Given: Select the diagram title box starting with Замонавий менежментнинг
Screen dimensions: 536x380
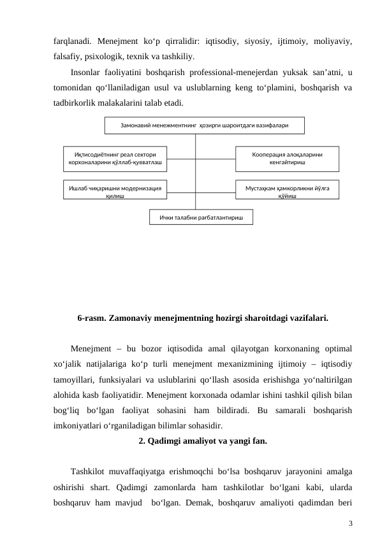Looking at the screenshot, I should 204,125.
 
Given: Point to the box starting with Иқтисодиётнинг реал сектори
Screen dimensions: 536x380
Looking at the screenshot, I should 115,159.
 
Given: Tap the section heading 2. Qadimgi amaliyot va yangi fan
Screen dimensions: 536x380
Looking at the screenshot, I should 202,441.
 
